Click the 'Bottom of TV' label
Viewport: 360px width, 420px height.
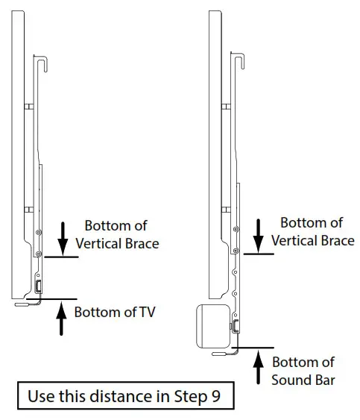115,312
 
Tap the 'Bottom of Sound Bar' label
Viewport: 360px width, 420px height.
303,372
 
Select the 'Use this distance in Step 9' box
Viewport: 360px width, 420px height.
126,395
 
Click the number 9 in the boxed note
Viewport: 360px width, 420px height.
215,396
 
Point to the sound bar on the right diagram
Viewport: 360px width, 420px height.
213,326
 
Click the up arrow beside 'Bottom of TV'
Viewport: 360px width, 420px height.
61,319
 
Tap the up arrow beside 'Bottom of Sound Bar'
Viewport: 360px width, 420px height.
259,368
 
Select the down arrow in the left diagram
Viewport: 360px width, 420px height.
63,239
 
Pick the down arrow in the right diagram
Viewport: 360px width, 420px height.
259,236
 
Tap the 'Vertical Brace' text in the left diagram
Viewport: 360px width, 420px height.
117,243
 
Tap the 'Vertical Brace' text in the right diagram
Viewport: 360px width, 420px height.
313,240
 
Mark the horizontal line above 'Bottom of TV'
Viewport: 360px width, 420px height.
51,298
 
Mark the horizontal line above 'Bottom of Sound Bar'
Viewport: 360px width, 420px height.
253,348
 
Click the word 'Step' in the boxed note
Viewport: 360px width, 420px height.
191,396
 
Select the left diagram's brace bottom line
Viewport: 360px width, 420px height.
61,257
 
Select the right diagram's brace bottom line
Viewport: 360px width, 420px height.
259,254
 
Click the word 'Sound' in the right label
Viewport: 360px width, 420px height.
291,380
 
